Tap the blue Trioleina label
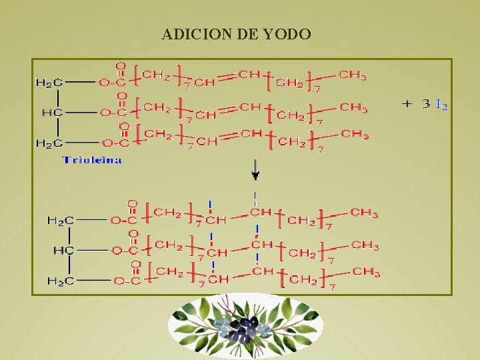(x=92, y=160)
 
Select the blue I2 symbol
(x=441, y=104)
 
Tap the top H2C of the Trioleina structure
(x=49, y=83)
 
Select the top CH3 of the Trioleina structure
(x=353, y=75)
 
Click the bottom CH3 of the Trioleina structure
(x=355, y=135)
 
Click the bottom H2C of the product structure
(x=60, y=281)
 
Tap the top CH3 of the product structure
(x=364, y=213)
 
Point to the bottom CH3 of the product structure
(x=367, y=272)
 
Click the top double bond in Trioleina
(x=227, y=78)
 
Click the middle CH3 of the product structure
(x=365, y=245)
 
